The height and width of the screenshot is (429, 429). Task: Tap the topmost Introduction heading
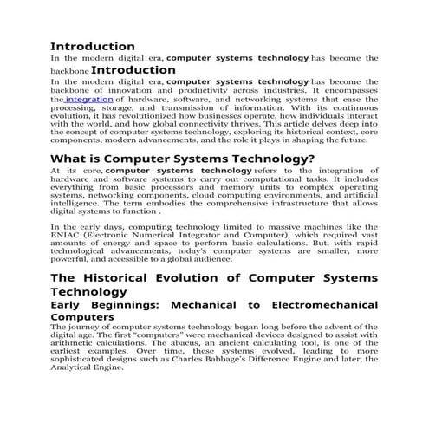click(93, 45)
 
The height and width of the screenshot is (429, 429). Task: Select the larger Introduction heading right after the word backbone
click(133, 69)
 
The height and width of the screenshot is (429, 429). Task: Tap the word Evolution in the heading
click(211, 277)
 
